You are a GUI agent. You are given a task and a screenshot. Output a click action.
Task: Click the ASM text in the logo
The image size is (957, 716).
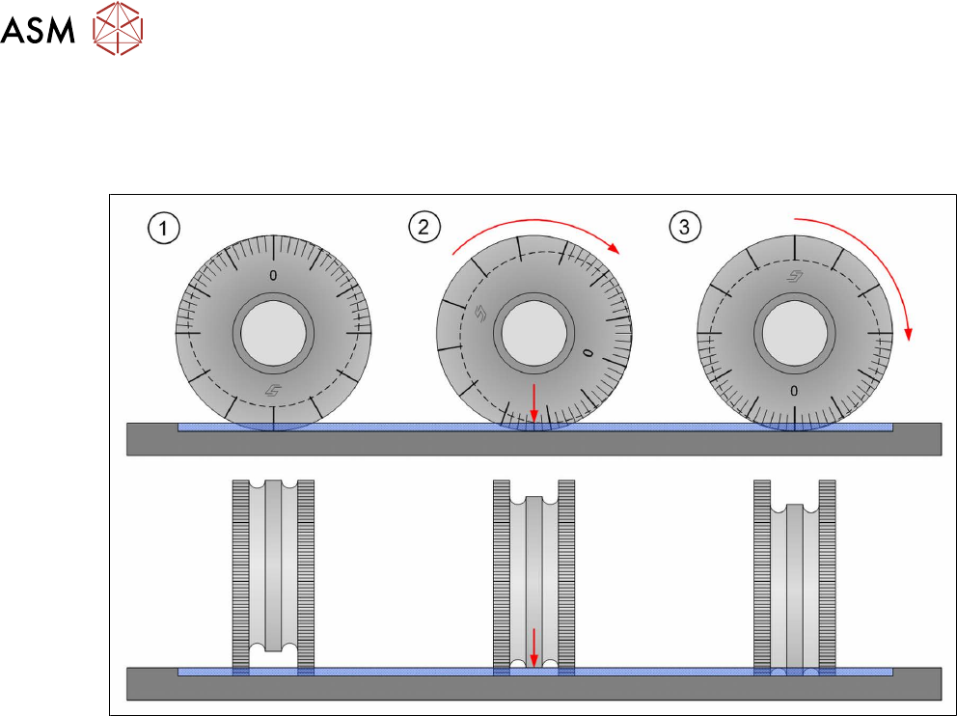pyautogui.click(x=38, y=30)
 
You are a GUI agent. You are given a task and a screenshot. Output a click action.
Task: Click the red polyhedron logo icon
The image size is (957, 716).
pyautogui.click(x=118, y=28)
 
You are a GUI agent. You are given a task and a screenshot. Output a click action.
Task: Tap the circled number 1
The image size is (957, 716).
pyautogui.click(x=164, y=229)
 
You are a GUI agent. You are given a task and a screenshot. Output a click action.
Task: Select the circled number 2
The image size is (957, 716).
pyautogui.click(x=424, y=227)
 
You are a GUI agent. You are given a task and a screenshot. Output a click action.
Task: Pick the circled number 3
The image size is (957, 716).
pyautogui.click(x=684, y=227)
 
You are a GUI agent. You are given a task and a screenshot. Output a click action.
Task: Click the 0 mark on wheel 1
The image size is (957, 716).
pyautogui.click(x=273, y=276)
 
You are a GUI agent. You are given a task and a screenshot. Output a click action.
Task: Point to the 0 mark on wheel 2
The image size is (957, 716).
pyautogui.click(x=588, y=353)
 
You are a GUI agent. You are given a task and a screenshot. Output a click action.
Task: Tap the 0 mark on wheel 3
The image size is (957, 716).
pyautogui.click(x=793, y=391)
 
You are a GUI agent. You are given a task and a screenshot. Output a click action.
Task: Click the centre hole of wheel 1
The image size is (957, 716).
pyautogui.click(x=273, y=334)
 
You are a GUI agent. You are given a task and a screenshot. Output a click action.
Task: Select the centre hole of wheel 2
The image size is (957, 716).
pyautogui.click(x=533, y=334)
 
